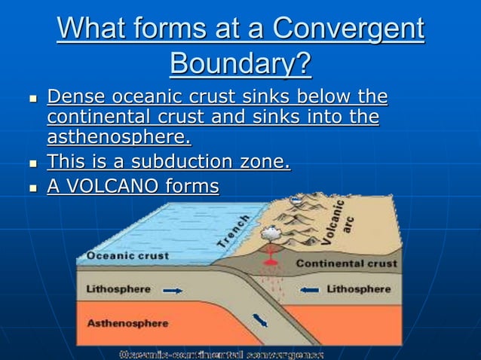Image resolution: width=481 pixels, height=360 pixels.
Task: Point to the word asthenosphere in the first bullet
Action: (x=118, y=138)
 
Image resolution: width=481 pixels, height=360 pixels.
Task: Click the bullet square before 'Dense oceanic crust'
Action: (x=32, y=99)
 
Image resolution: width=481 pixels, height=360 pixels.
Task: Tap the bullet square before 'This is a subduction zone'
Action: (x=32, y=163)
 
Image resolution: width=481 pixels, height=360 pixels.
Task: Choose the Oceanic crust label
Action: (x=127, y=255)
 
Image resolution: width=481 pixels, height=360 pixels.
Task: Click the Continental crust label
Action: (x=346, y=264)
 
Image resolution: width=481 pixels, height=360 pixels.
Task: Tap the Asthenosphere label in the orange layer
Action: (x=128, y=323)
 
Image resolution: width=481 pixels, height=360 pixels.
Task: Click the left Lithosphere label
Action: (x=118, y=288)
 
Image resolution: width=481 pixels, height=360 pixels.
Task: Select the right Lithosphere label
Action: (x=358, y=288)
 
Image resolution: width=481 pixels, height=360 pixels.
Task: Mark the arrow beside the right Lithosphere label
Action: (x=310, y=288)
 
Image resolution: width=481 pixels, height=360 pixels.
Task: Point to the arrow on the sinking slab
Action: (x=261, y=321)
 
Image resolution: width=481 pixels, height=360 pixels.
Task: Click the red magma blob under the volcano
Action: (x=268, y=264)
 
